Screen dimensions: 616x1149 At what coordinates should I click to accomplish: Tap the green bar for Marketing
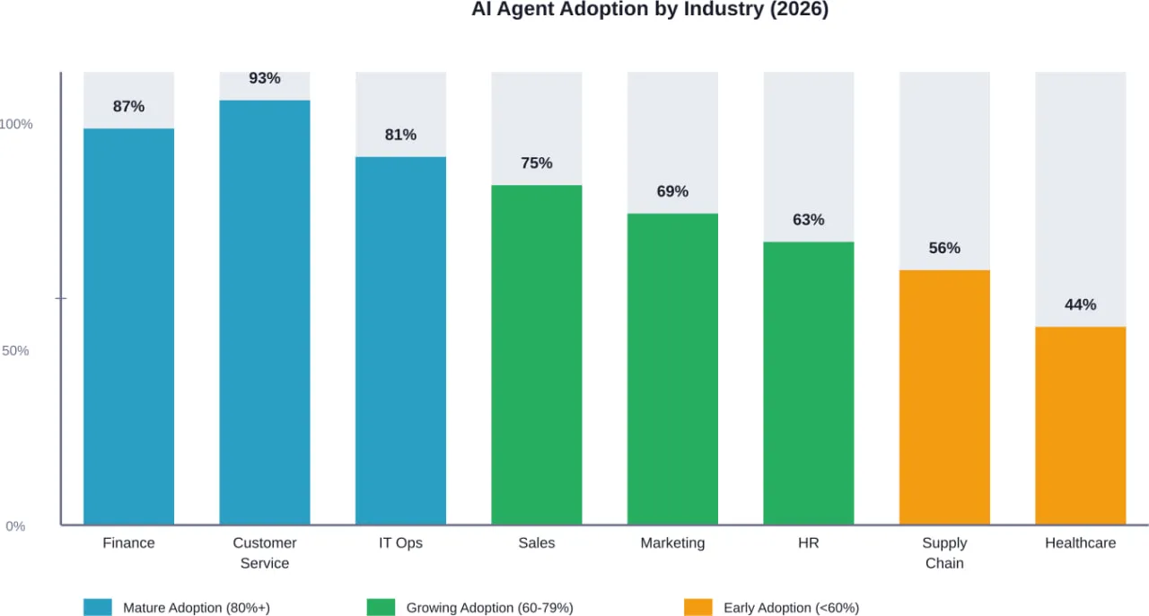tap(672, 368)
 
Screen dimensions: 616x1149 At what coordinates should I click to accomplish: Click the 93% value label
tap(265, 78)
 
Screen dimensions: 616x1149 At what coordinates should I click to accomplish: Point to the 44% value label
tap(1080, 304)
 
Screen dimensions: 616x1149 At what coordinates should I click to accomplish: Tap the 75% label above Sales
tap(537, 163)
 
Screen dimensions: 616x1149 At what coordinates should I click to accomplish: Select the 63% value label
tap(808, 219)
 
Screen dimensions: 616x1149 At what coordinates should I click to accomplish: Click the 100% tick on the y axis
tap(16, 124)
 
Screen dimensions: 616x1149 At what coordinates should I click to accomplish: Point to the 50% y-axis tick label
tap(15, 350)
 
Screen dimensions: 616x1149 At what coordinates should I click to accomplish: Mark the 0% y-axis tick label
tap(15, 526)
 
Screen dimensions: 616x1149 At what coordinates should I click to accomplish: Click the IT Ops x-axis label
tap(400, 542)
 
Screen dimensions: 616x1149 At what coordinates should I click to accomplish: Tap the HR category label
tap(808, 542)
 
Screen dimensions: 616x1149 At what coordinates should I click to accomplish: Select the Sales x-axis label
tap(537, 542)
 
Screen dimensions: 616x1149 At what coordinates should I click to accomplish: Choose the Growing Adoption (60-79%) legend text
tap(489, 608)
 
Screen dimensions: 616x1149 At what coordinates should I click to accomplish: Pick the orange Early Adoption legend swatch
tap(697, 607)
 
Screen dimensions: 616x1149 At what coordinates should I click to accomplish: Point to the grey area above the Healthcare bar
tap(1080, 180)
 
